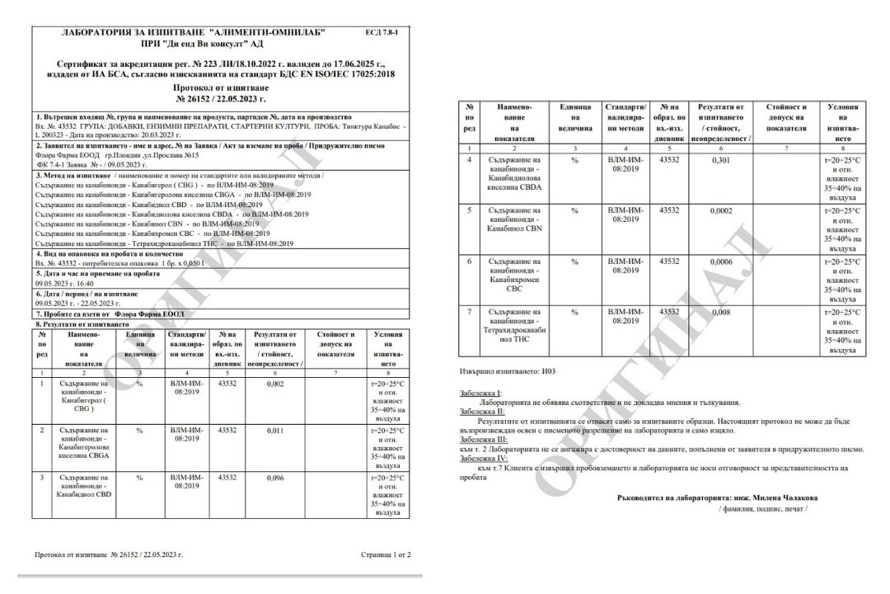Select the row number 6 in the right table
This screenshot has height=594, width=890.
[468, 261]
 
